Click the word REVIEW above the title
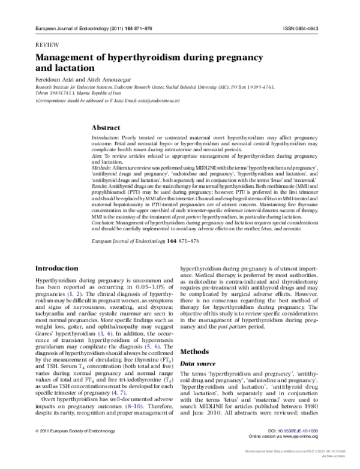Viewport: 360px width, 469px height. tap(48, 45)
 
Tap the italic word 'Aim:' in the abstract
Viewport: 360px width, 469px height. tap(96, 157)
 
